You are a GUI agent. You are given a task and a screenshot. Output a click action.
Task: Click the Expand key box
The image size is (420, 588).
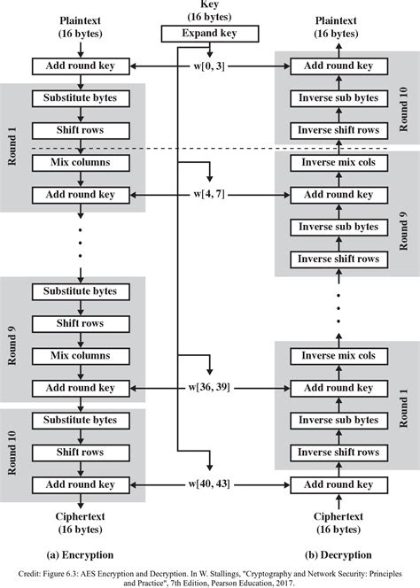point(210,35)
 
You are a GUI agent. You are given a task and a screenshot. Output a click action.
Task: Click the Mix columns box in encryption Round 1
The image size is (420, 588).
point(81,163)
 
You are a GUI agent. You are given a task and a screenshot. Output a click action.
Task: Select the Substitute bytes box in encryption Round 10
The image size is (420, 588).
point(81,420)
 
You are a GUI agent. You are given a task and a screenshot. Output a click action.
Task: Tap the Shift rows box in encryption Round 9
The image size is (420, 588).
point(81,323)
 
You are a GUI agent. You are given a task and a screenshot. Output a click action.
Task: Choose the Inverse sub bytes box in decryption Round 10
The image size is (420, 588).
point(338,98)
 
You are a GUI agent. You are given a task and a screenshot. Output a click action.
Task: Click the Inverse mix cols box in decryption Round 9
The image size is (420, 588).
point(338,163)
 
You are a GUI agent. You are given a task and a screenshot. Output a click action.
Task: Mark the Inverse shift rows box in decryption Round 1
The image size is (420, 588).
point(338,453)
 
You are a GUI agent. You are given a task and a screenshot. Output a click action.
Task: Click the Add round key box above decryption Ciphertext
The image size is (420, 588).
point(338,484)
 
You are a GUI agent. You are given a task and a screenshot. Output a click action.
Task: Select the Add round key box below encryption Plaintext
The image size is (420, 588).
point(81,66)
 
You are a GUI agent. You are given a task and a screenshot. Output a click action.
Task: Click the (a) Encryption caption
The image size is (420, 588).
point(81,555)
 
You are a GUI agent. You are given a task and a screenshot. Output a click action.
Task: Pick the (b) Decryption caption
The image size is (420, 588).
point(338,555)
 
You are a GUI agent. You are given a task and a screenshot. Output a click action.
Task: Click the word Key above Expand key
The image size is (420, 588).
point(210,4)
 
